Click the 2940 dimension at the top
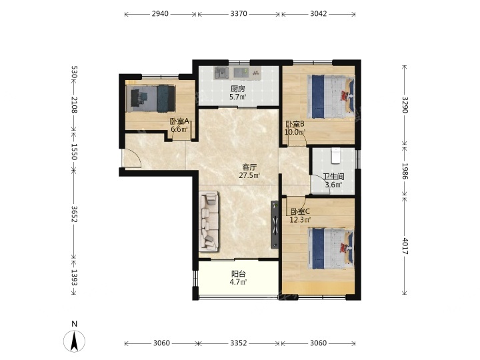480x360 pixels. click(160, 14)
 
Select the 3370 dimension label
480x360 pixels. click(239, 14)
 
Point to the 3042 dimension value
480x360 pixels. click(319, 14)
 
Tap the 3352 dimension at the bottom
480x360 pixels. click(239, 343)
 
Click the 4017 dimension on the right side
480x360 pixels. click(405, 246)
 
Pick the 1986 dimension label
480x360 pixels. click(405, 171)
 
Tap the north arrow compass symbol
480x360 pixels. click(75, 340)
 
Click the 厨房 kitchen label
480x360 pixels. click(237, 89)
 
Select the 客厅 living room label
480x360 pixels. click(249, 167)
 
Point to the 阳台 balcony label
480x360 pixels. click(238, 274)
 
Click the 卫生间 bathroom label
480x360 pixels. click(333, 177)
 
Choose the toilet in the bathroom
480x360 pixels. click(336, 155)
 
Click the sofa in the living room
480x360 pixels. click(209, 221)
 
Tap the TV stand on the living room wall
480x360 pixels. click(275, 225)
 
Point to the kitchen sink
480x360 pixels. click(221, 73)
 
